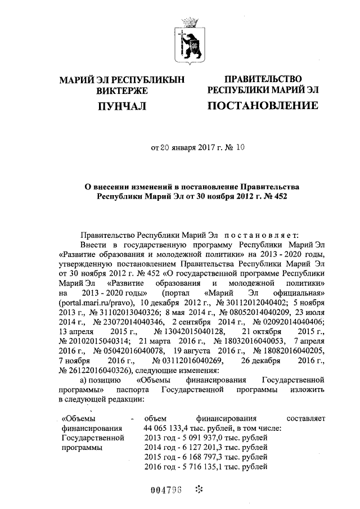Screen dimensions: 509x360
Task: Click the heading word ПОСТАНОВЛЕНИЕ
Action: tap(263, 106)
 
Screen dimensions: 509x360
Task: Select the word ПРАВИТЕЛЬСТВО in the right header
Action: tap(263, 79)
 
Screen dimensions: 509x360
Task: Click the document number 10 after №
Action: tap(241, 148)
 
